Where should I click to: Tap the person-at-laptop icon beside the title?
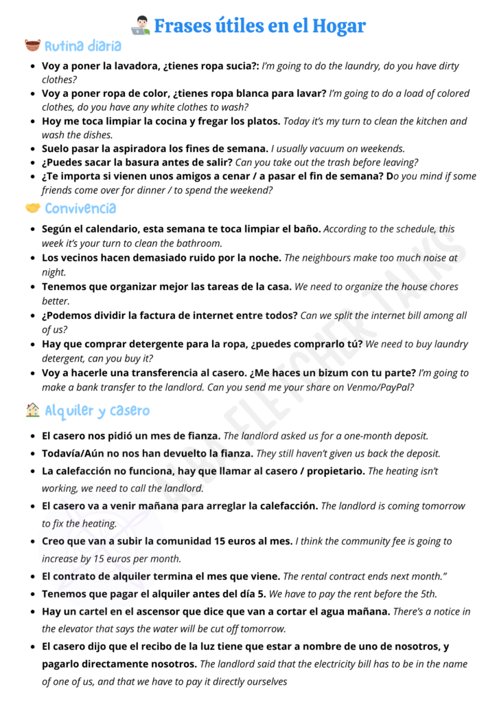pos(140,26)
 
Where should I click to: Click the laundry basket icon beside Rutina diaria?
pos(32,47)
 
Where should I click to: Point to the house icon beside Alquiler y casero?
pos(32,410)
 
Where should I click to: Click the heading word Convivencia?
pos(80,208)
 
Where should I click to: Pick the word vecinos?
pos(80,258)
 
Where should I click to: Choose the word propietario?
pos(334,471)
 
